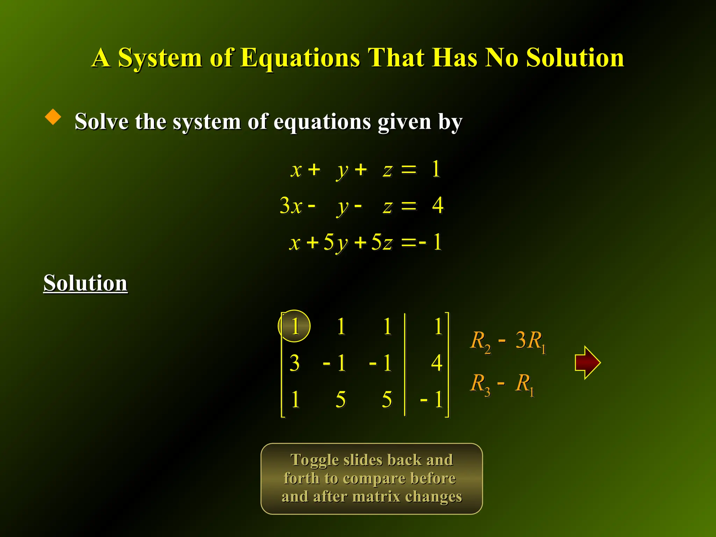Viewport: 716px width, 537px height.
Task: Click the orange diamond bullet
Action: (53, 117)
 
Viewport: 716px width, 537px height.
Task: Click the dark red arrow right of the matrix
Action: (587, 363)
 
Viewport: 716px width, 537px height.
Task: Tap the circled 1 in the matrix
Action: (294, 326)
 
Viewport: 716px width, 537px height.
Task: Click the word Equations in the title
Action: (300, 58)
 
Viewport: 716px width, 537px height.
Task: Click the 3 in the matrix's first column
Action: (294, 363)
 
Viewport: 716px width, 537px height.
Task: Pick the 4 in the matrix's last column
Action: (437, 363)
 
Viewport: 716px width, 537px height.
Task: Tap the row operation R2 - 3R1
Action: (508, 341)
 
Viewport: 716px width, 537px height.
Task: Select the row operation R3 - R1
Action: (503, 384)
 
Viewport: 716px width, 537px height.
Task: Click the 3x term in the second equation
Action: (291, 206)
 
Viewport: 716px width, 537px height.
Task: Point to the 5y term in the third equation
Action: (336, 242)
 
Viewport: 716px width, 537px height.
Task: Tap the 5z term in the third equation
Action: (382, 242)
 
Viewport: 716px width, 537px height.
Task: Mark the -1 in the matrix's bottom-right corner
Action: (432, 399)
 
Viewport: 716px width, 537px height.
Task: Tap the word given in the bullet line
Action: (404, 122)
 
